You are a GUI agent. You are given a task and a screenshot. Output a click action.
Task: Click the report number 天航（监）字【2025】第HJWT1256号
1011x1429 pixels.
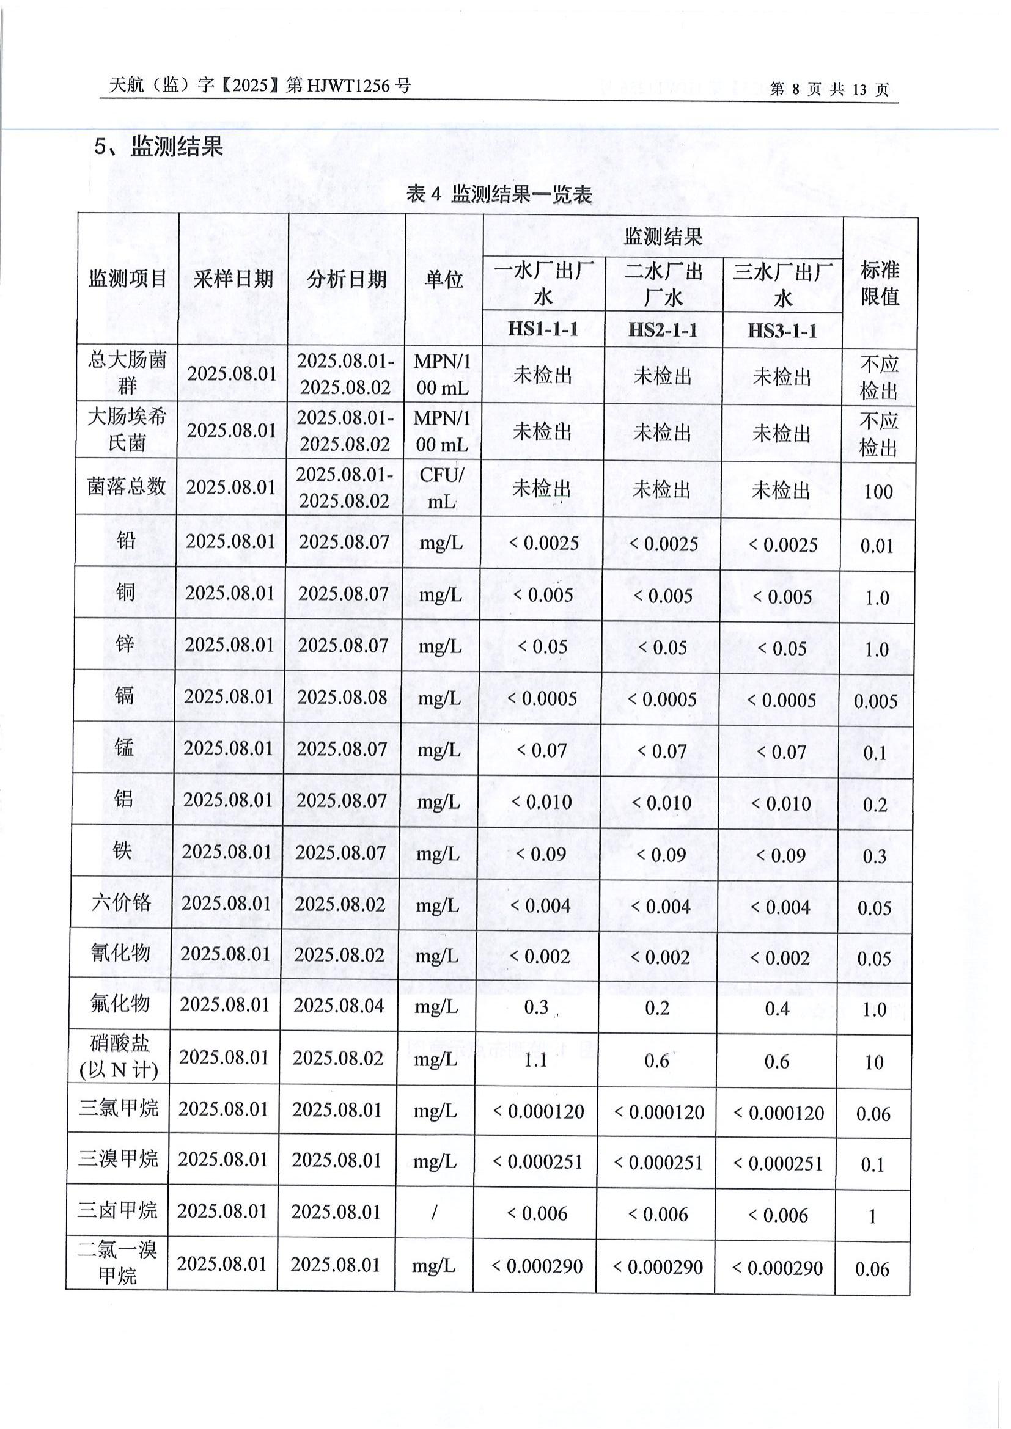260,86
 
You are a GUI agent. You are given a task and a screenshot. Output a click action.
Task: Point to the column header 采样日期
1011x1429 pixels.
233,279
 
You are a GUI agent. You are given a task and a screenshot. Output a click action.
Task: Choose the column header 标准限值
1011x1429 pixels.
880,283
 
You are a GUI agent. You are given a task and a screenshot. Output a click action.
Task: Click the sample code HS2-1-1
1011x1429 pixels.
663,330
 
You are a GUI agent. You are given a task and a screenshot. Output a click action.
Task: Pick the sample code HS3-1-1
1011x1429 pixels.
782,331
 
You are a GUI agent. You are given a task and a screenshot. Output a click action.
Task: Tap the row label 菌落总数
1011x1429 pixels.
127,486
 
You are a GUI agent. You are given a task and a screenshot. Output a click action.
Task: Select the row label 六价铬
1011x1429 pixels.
122,902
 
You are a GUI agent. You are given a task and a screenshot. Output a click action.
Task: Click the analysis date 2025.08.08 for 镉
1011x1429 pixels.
342,697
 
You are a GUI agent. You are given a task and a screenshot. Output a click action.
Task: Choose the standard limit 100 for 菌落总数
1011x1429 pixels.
878,492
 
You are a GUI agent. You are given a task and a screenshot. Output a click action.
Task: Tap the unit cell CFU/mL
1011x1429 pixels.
441,488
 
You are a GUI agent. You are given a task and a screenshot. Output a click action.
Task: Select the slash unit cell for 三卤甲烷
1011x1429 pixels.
434,1212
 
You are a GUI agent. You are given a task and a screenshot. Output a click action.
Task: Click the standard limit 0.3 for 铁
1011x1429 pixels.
875,857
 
